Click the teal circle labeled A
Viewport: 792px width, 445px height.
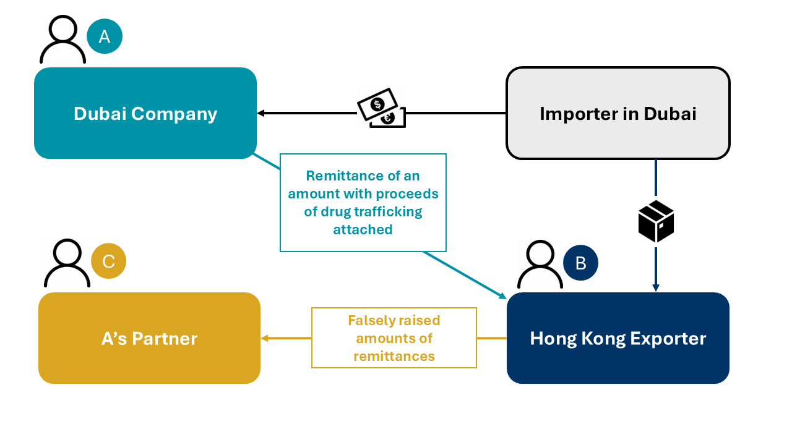tap(105, 36)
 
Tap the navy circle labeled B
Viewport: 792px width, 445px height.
tap(580, 263)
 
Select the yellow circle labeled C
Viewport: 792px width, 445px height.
tap(108, 261)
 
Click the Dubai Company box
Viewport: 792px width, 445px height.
tap(145, 113)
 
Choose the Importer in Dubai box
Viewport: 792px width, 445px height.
tap(618, 113)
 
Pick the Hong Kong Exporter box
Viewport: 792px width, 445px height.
tap(618, 338)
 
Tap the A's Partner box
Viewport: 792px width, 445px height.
tap(149, 338)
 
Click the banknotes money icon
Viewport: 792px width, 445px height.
tap(381, 108)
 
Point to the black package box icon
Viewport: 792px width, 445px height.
tap(656, 221)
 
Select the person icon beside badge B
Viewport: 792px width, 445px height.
tap(540, 265)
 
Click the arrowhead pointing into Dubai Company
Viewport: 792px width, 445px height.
tap(260, 113)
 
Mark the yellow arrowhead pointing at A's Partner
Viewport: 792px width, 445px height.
tap(265, 338)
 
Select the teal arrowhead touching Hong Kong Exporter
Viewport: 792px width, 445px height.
tap(502, 295)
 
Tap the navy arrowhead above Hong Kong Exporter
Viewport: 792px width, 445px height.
tap(656, 287)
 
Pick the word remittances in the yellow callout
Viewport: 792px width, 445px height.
tap(394, 357)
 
